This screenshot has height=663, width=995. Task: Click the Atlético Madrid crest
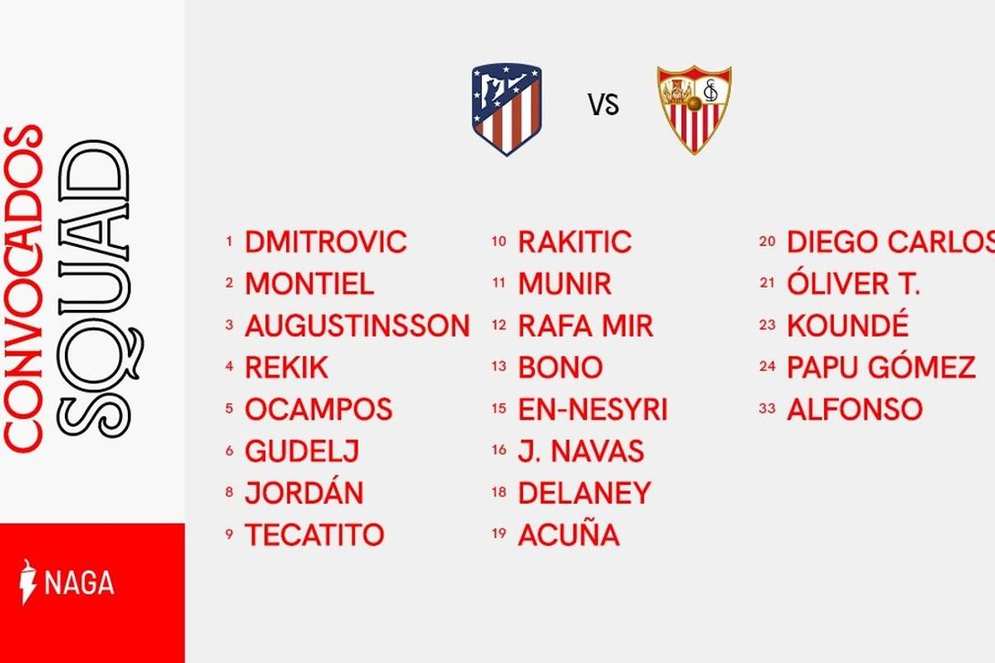pos(507,109)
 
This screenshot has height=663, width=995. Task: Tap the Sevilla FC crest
pos(694,109)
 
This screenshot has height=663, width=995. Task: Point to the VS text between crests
pos(603,105)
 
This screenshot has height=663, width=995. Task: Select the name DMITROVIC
pos(326,242)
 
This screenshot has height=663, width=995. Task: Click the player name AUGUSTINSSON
pos(358,326)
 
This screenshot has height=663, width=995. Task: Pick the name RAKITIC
pos(575,242)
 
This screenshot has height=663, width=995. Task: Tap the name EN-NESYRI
pos(593,410)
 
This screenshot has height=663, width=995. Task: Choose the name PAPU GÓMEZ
pos(881,367)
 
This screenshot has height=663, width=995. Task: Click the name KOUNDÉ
pos(848,325)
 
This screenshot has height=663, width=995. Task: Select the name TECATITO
pos(315,535)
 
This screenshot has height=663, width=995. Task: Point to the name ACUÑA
pos(569,533)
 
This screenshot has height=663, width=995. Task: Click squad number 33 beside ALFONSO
pos(767,409)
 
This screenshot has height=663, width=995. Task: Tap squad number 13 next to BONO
pos(498,366)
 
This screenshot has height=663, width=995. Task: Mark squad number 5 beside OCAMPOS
pos(229,408)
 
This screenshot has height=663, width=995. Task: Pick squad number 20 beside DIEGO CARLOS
pos(767,241)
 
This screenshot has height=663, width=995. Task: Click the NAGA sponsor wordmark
pos(80,583)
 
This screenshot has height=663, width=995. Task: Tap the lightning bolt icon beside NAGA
pos(27,582)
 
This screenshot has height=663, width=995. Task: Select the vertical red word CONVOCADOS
pos(24,289)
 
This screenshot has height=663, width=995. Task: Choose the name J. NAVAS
pos(582,451)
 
